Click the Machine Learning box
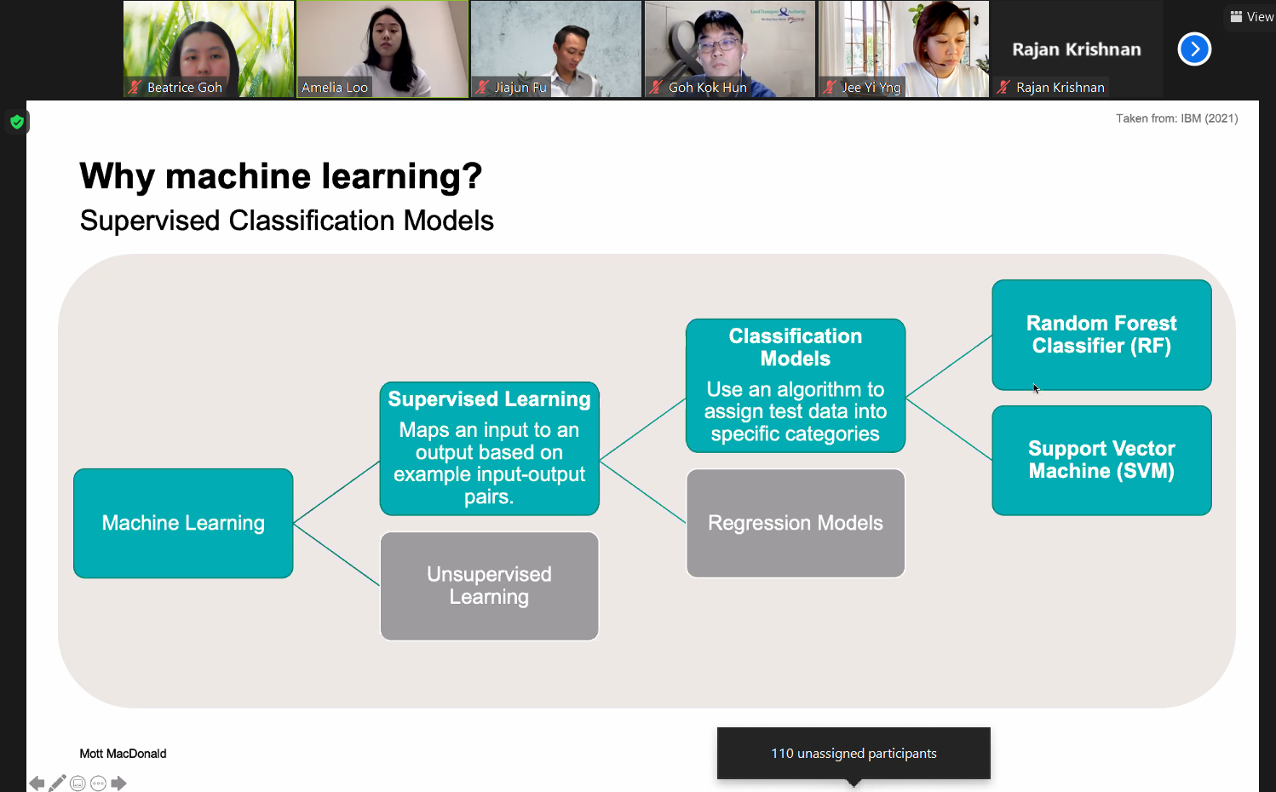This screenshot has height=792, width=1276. point(183,523)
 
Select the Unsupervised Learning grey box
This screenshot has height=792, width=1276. point(489,586)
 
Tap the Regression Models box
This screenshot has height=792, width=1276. point(796,523)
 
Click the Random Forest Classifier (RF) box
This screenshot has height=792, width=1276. point(1101,335)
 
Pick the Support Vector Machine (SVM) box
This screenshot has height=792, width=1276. point(1101,460)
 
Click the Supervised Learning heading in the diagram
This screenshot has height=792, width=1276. point(489,399)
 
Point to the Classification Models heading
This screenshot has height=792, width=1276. point(796,347)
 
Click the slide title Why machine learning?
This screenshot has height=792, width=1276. point(281,176)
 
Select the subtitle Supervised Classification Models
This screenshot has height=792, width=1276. point(286,221)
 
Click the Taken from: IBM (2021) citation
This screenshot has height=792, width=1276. point(1176,118)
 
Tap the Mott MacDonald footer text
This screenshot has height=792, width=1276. point(123,754)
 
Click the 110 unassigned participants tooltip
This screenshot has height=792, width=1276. point(854,754)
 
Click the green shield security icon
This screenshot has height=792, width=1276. point(17,122)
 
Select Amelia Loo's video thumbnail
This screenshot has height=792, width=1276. point(382,49)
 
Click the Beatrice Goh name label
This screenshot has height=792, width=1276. point(185,87)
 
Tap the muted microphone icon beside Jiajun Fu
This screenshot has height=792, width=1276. point(482,87)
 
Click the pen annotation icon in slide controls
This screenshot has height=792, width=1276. point(57,783)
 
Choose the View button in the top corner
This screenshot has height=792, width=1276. point(1251,16)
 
